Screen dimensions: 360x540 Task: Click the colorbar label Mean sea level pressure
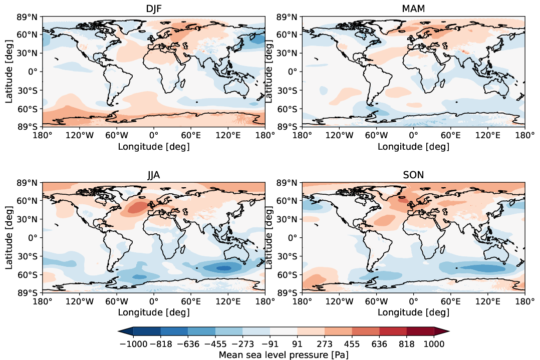[x=284, y=354]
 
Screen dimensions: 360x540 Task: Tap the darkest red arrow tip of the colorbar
[x=441, y=331]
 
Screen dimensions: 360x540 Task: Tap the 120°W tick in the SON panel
[x=339, y=301]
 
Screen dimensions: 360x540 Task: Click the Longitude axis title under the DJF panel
[x=153, y=146]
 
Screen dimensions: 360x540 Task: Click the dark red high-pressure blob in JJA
[x=134, y=208]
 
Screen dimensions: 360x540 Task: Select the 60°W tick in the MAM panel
[x=376, y=135]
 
